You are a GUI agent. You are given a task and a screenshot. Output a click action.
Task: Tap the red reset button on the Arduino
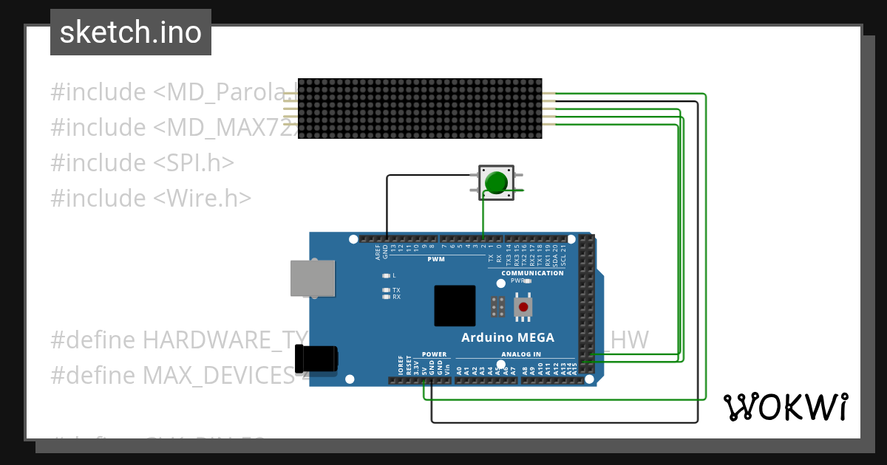(x=523, y=306)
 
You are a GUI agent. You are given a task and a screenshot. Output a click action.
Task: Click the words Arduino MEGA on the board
(x=507, y=338)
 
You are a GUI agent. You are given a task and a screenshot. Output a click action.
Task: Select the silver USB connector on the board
(x=311, y=279)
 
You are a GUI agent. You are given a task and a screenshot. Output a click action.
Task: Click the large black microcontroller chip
(x=455, y=306)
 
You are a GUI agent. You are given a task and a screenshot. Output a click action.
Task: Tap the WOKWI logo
(x=785, y=407)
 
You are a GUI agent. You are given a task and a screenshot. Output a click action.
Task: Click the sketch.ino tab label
(x=131, y=32)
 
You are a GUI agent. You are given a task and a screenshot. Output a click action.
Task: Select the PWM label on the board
(x=436, y=259)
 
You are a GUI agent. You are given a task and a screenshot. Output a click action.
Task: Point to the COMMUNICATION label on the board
(x=532, y=273)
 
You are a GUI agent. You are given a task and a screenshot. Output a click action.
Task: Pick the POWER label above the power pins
(x=434, y=354)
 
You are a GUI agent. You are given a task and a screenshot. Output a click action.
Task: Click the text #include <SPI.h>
(x=143, y=162)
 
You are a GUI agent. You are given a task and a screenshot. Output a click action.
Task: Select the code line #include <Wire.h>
(x=151, y=198)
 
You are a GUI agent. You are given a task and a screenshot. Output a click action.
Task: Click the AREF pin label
(x=377, y=253)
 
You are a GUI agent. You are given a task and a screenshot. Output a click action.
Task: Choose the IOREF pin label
(x=400, y=366)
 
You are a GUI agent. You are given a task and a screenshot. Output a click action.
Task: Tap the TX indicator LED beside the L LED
(x=386, y=290)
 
